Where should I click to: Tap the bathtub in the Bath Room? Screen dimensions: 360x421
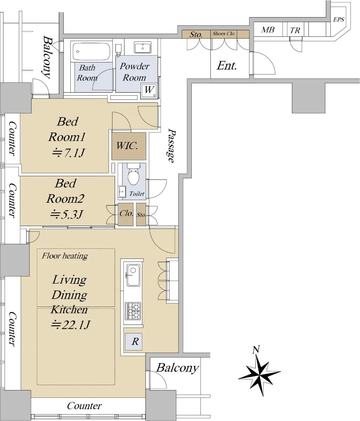(91, 51)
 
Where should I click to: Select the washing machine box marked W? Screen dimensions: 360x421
(149, 91)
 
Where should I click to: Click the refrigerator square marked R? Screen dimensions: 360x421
(134, 342)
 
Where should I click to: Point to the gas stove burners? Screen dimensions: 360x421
(133, 311)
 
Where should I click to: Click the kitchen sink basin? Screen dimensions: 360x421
(133, 275)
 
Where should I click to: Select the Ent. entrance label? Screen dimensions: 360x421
(227, 66)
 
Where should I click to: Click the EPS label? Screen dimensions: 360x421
(339, 20)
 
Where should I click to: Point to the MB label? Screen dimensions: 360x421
(268, 30)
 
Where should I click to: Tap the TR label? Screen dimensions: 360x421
(295, 31)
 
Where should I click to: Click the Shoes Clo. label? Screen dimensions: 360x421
(224, 33)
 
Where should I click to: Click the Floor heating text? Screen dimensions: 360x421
(65, 256)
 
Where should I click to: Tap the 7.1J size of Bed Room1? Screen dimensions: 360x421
(68, 153)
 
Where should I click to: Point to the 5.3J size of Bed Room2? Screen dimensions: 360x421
(66, 214)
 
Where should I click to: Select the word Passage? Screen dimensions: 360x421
(171, 146)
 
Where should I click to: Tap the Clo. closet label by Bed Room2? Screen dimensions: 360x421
(126, 213)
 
